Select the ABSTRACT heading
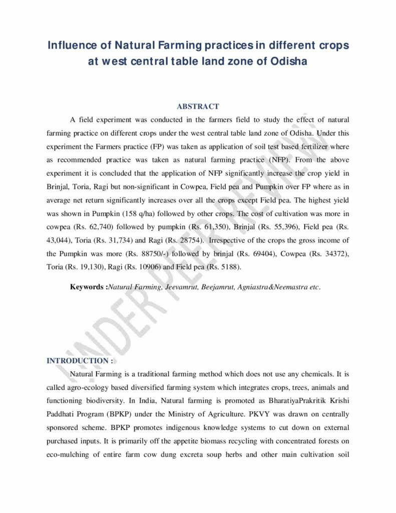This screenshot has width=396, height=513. (198, 107)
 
